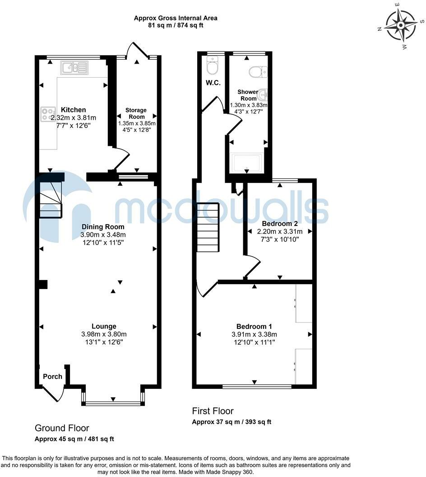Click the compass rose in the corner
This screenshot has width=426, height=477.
tap(401, 25)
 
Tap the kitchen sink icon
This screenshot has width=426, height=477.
tap(74, 68)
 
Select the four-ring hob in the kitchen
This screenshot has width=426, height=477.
tap(48, 114)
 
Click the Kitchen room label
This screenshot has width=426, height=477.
tap(74, 110)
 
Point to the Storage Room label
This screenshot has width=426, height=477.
tap(136, 113)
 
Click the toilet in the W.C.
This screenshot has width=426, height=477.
tap(212, 65)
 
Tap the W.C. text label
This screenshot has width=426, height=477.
tap(213, 83)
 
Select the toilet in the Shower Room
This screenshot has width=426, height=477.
tap(258, 72)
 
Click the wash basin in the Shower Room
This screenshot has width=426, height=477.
tap(263, 94)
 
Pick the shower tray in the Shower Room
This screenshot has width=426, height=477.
tap(247, 164)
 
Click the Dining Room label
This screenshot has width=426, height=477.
tap(103, 227)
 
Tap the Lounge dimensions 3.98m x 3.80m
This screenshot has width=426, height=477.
tap(104, 334)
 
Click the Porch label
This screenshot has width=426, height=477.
tap(52, 377)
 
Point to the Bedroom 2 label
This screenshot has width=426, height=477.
tap(280, 224)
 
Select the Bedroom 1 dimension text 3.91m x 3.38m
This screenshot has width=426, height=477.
tap(255, 334)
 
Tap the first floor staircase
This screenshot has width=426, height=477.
tap(208, 227)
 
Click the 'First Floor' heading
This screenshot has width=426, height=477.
tap(213, 411)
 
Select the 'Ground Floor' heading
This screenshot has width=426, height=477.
tap(62, 428)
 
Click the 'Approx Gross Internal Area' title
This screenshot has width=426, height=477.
tap(176, 18)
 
